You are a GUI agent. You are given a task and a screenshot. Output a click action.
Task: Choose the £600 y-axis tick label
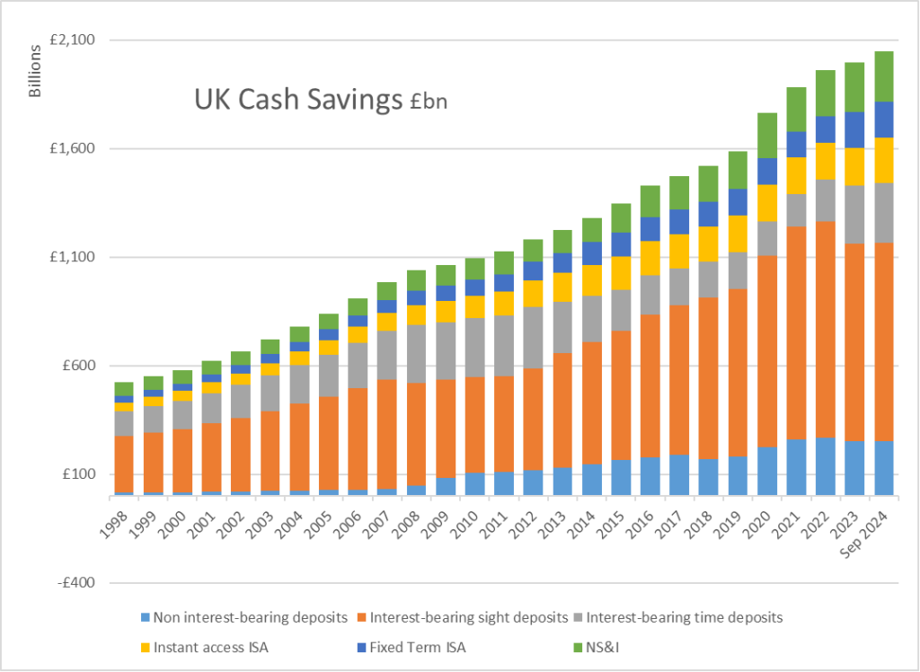79,366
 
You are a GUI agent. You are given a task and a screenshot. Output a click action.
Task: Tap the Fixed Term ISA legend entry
414,643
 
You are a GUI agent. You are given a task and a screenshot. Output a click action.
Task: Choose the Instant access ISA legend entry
211,643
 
